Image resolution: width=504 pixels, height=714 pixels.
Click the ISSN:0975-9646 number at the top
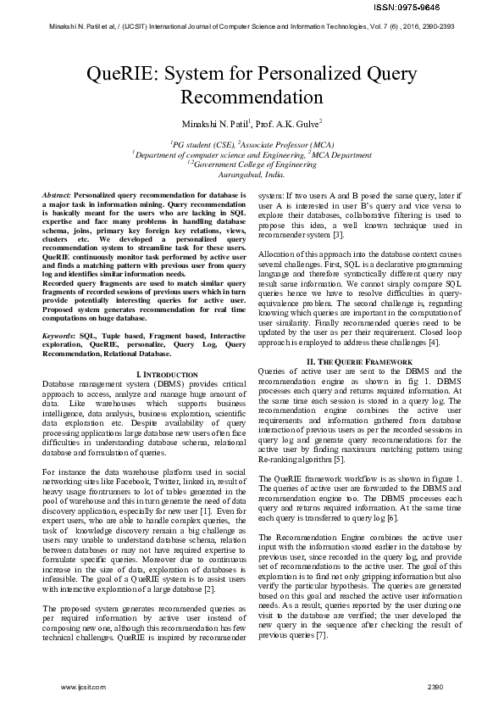coord(465,7)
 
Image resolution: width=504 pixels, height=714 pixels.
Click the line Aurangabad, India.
coord(252,173)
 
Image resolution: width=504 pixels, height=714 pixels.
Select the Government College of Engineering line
coord(252,164)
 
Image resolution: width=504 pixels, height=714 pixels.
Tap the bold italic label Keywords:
coord(60,336)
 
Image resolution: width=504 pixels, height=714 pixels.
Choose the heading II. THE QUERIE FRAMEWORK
coord(359,363)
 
